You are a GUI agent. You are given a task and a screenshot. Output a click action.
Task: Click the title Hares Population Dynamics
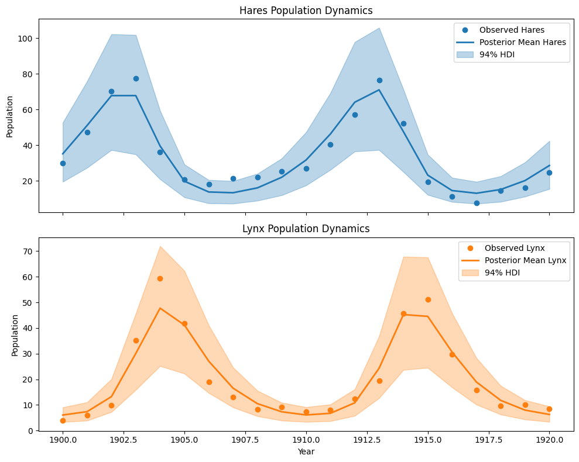(306, 11)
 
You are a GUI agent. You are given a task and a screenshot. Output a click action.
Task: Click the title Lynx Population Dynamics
(306, 229)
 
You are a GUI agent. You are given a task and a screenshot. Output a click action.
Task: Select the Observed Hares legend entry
(503, 30)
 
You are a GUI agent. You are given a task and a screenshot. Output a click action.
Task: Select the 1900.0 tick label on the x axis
(63, 440)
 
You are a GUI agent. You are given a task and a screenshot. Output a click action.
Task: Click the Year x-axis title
(306, 451)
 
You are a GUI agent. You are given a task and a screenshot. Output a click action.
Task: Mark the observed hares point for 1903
(136, 78)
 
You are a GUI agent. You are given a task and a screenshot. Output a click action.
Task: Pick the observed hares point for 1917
(477, 203)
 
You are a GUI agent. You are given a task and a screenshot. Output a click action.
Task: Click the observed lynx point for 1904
(160, 278)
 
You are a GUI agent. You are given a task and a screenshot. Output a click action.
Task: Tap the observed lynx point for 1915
(428, 299)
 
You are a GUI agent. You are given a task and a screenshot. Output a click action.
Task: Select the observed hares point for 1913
(379, 80)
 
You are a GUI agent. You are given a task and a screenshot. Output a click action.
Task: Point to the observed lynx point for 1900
(63, 420)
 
